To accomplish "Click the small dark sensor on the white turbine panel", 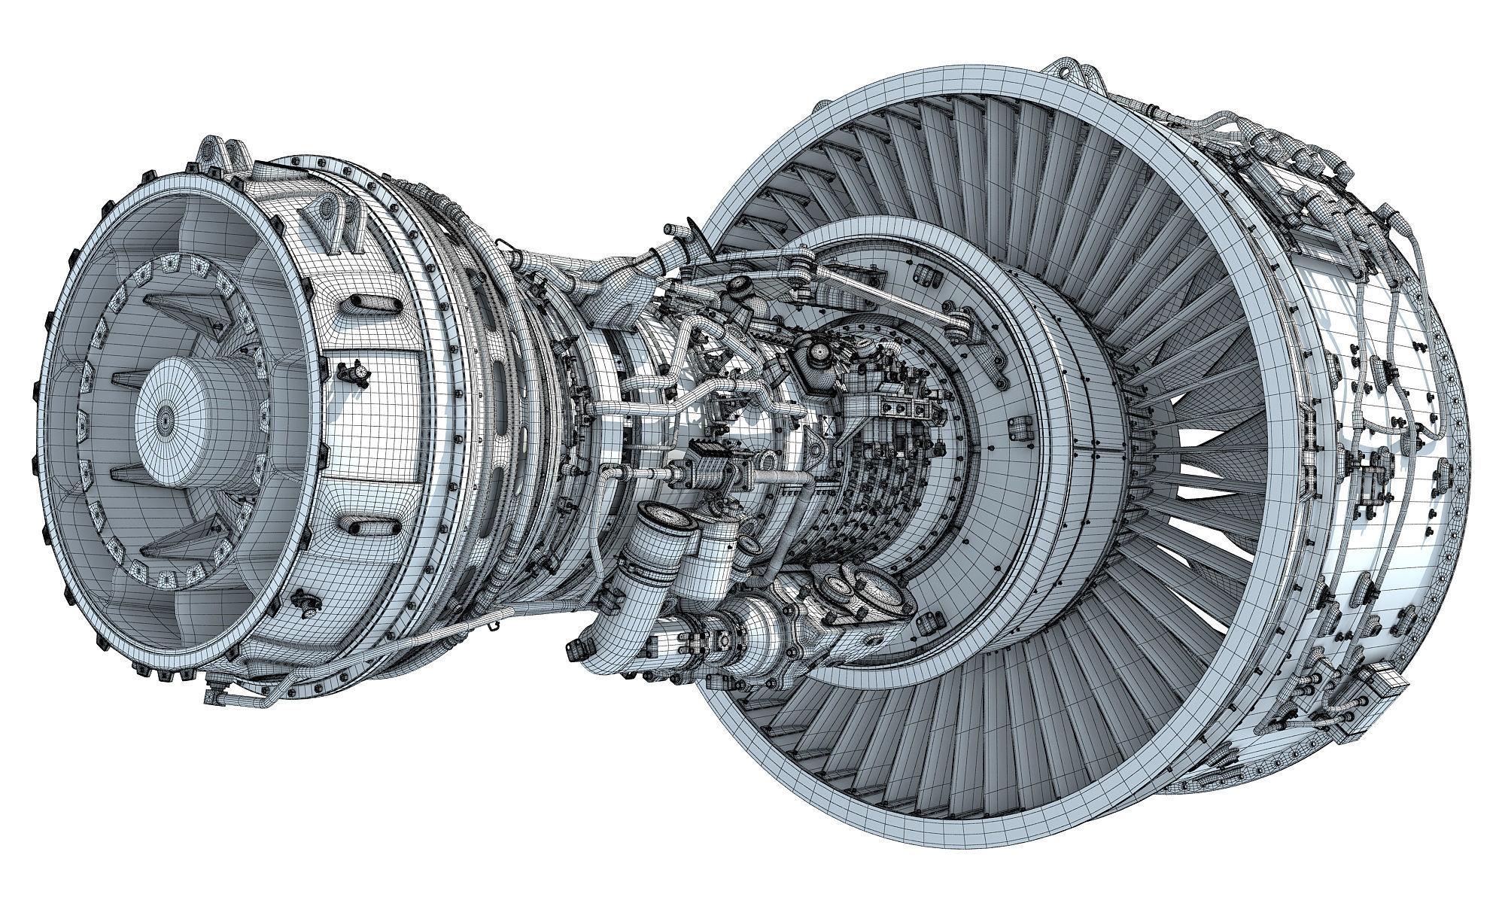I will pos(354,372).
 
